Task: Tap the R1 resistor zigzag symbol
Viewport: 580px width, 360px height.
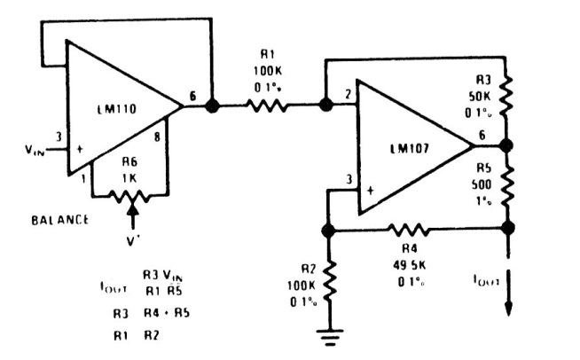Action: tap(267, 106)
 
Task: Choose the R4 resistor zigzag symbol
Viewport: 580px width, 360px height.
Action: tap(413, 230)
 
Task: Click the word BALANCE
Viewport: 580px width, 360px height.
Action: tap(61, 219)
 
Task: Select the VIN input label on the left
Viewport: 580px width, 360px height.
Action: tap(33, 150)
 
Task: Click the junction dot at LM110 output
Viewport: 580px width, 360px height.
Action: tap(211, 106)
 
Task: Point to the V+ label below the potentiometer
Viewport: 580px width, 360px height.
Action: tap(131, 239)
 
